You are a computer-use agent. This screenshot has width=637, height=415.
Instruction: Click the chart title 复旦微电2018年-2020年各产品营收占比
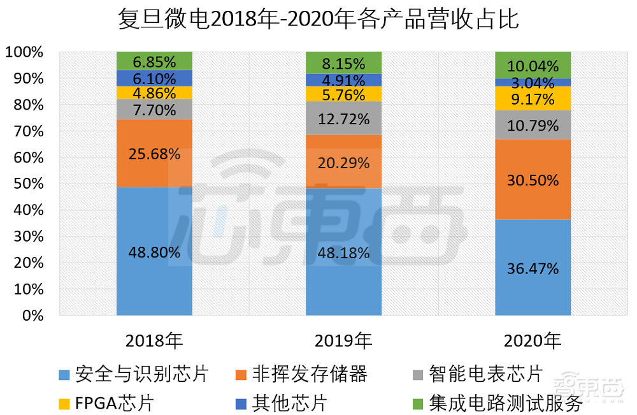click(x=318, y=19)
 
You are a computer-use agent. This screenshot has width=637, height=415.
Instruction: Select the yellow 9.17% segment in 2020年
click(x=533, y=99)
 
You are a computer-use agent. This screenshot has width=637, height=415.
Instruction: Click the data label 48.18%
click(x=343, y=252)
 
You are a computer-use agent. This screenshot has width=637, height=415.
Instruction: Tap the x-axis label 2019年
click(x=343, y=341)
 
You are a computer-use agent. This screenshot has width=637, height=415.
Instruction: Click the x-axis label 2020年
click(x=533, y=341)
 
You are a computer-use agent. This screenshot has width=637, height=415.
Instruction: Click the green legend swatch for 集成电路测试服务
click(x=418, y=404)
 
